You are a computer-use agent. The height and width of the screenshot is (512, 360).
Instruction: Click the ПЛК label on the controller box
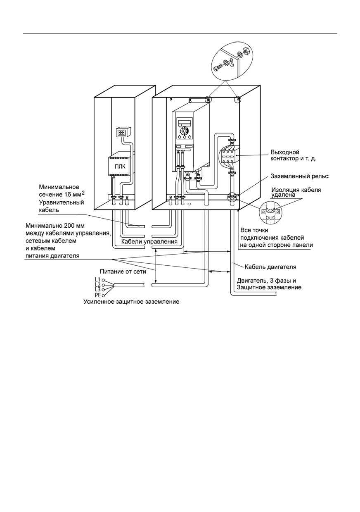click(120, 167)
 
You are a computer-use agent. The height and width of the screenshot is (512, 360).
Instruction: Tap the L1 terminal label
click(97, 279)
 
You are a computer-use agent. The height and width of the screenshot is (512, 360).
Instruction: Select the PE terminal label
click(98, 295)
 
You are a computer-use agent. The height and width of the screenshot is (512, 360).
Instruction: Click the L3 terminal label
click(97, 290)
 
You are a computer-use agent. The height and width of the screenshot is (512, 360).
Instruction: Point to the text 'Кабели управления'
click(149, 242)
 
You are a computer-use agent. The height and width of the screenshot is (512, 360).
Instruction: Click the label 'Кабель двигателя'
click(270, 267)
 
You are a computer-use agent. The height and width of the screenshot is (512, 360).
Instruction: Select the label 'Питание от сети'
click(123, 271)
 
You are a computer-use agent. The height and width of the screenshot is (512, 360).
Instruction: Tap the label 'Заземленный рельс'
click(299, 176)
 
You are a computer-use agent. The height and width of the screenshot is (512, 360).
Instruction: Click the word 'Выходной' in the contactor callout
click(285, 152)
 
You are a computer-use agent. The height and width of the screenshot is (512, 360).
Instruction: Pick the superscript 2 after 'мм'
click(83, 193)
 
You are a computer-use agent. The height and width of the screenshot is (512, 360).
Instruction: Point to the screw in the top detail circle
click(218, 68)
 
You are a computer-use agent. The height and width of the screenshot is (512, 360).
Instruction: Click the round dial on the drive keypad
click(183, 131)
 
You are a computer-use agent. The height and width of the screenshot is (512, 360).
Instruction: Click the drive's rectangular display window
click(185, 122)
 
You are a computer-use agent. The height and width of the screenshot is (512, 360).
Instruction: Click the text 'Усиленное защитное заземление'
click(131, 302)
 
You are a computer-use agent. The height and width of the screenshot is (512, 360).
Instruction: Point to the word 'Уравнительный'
click(62, 202)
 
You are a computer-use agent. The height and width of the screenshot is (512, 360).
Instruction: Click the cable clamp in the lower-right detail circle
click(270, 212)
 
